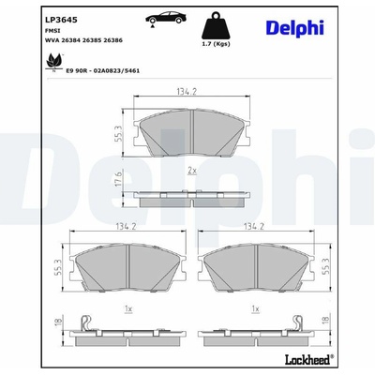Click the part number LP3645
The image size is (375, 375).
click(x=61, y=21)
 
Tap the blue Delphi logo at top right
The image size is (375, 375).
click(x=294, y=27)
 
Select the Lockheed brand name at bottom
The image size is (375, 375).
click(x=307, y=359)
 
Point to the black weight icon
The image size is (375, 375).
click(x=216, y=25)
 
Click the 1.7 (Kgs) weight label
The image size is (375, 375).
click(x=216, y=44)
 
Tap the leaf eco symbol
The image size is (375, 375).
click(x=53, y=62)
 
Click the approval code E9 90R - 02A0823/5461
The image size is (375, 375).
click(x=103, y=71)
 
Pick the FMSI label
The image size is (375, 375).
click(x=52, y=31)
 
